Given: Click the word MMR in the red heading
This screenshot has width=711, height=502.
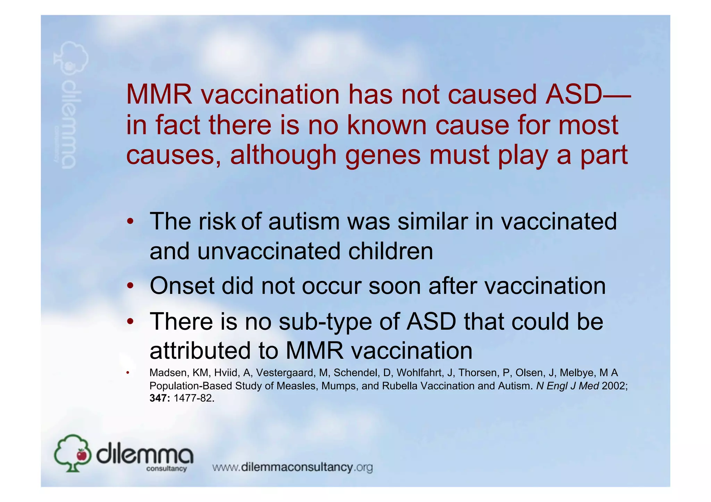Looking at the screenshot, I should (x=159, y=94).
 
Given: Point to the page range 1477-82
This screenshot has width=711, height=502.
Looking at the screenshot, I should (x=194, y=398).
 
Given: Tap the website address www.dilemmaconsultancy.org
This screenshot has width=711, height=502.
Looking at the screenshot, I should (x=292, y=467).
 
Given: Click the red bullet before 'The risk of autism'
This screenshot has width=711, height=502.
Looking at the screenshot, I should (x=129, y=221).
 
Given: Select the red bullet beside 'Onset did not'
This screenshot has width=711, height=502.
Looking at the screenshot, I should (x=129, y=286).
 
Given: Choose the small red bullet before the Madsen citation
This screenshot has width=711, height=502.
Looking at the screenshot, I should (x=128, y=373).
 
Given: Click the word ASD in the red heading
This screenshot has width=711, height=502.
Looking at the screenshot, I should (x=573, y=94).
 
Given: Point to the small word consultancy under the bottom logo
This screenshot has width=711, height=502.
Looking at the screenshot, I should (x=167, y=469).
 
